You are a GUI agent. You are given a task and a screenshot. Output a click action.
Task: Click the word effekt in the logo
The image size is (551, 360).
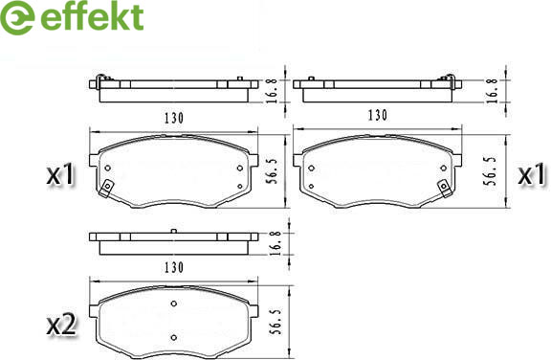click(92, 17)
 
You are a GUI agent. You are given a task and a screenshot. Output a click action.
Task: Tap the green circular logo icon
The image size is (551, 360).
click(17, 17)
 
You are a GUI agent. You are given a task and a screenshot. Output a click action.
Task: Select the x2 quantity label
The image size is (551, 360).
click(61, 326)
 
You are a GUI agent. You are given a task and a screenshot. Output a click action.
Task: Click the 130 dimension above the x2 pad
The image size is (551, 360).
click(173, 267)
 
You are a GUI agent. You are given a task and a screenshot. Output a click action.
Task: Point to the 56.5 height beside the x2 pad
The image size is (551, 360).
click(275, 322)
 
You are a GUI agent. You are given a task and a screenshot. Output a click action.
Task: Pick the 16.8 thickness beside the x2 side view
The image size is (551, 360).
click(276, 243)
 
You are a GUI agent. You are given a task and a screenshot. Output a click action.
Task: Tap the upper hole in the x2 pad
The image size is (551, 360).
click(173, 304)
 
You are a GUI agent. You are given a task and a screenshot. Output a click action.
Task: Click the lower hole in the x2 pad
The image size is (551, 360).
click(173, 337)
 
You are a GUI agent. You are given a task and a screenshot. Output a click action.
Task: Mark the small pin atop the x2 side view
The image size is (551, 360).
click(173, 231)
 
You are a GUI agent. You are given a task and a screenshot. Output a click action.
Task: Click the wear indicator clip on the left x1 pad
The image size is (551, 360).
click(106, 188)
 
